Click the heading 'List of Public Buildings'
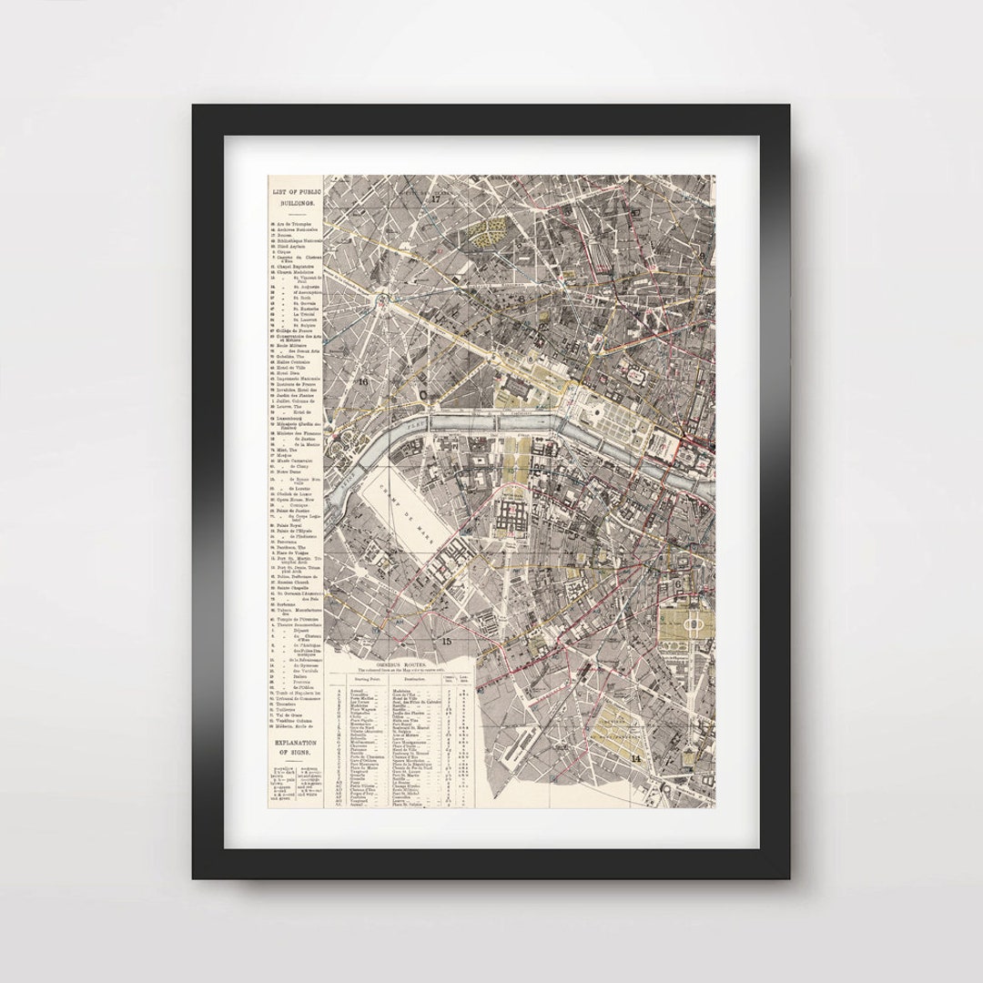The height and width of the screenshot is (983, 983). (293, 196)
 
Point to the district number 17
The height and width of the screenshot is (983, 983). (436, 198)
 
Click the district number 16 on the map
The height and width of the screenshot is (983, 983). (363, 381)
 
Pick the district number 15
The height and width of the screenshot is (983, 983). (446, 642)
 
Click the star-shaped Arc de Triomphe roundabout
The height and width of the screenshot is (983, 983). (386, 298)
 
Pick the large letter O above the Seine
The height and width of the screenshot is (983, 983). (425, 393)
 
